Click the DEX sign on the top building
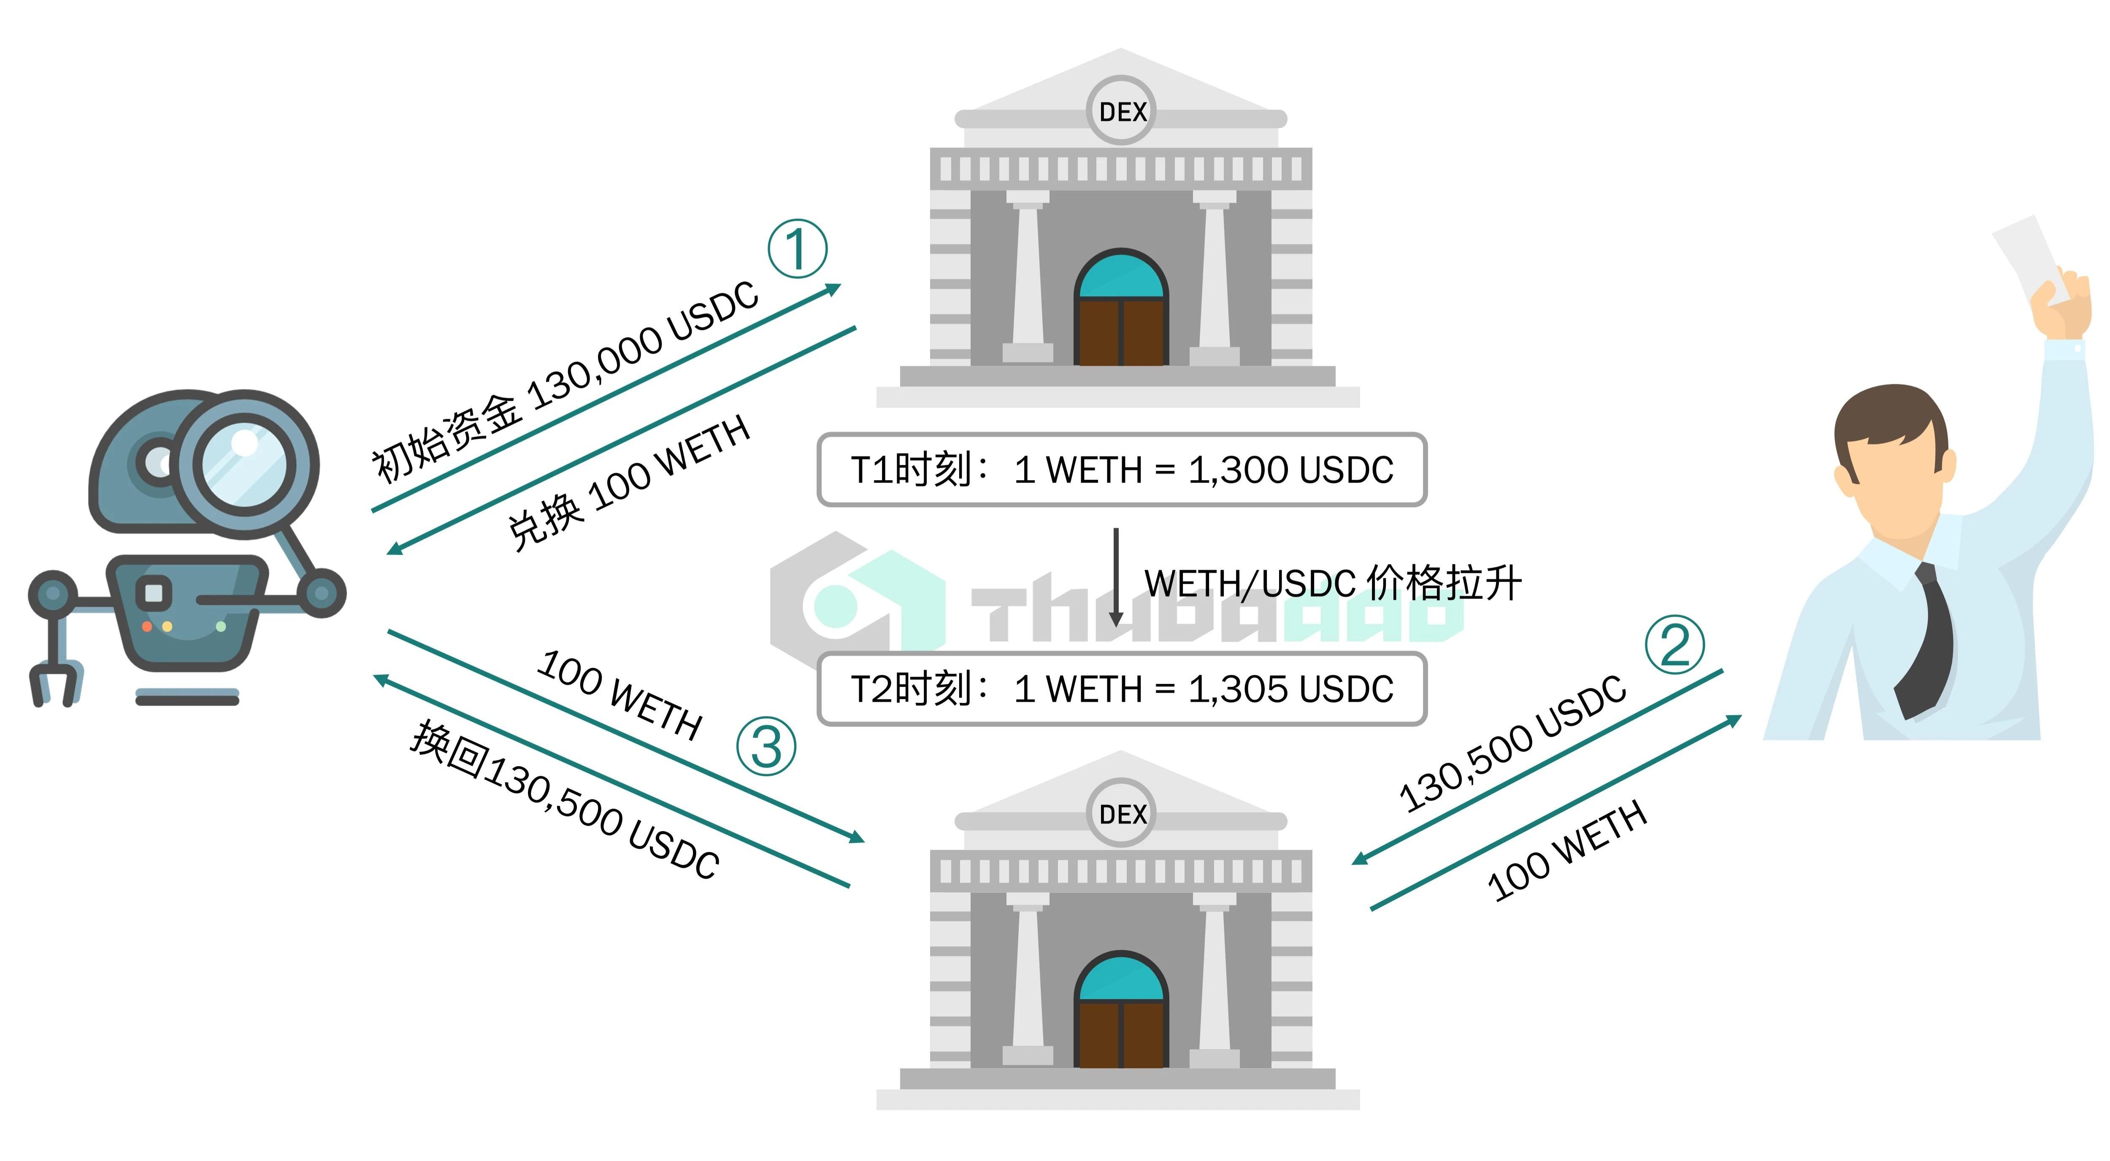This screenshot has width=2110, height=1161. (x=1121, y=111)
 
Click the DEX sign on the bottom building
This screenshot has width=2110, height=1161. (x=1121, y=814)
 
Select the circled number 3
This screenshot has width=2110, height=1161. (x=766, y=746)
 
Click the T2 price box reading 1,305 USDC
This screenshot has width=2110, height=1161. (x=1121, y=688)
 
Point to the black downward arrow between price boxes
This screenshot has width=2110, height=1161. (x=1116, y=577)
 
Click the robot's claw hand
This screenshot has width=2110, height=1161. (x=56, y=684)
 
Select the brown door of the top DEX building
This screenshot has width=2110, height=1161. (x=1120, y=332)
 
